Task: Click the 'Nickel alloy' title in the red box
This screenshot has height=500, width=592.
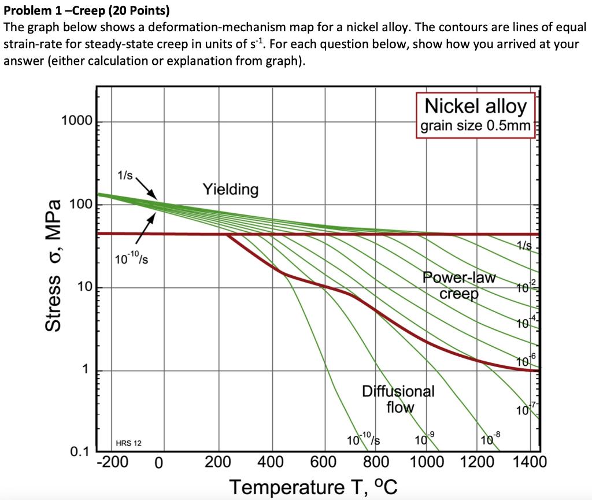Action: tap(476, 106)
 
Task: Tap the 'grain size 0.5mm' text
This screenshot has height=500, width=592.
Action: tap(476, 125)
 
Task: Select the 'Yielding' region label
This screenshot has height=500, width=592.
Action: tap(231, 189)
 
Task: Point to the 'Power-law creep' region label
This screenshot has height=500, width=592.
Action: tap(460, 286)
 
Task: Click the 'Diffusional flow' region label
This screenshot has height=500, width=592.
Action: tap(398, 399)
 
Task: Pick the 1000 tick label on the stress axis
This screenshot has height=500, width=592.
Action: tap(76, 121)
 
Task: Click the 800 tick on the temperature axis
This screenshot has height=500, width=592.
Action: tap(376, 462)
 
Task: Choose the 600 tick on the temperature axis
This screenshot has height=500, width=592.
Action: tap(324, 462)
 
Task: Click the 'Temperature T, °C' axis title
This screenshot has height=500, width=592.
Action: tap(314, 487)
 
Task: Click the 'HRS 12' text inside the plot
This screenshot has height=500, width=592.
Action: tap(128, 443)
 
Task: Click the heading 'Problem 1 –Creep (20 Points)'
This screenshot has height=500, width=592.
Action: tap(87, 10)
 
